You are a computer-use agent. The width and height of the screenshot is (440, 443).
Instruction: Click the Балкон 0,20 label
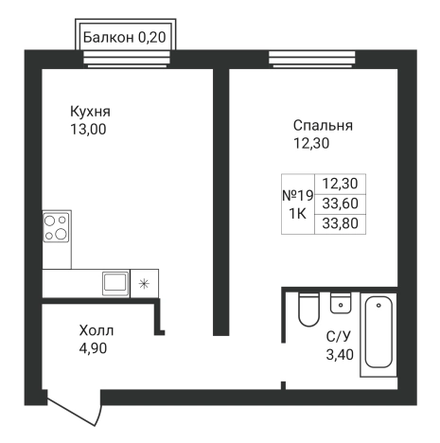pyautogui.click(x=122, y=38)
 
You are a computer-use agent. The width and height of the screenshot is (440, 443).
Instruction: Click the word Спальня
pyautogui.click(x=323, y=125)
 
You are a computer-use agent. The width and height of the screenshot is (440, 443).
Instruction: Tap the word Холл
pyautogui.click(x=96, y=331)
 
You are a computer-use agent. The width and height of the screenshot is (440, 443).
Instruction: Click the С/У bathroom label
pyautogui.click(x=339, y=336)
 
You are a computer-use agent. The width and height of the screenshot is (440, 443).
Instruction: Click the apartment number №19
pyautogui.click(x=297, y=195)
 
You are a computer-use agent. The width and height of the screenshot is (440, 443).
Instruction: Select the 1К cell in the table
pyautogui.click(x=297, y=214)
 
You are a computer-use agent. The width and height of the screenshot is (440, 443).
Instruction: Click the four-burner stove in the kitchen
pyautogui.click(x=57, y=228)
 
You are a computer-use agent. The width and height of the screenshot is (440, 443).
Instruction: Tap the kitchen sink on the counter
pyautogui.click(x=115, y=281)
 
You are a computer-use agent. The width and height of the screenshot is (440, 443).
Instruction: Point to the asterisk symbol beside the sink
pyautogui.click(x=144, y=282)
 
